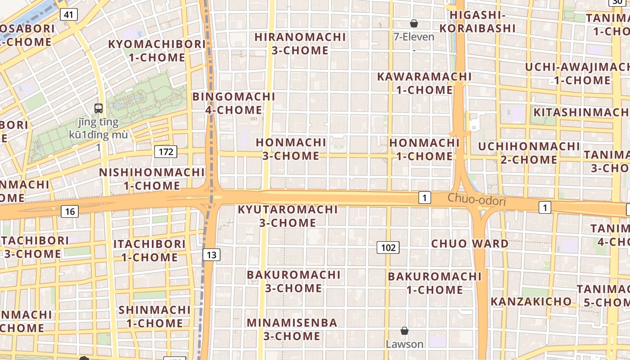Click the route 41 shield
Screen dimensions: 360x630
[68, 14]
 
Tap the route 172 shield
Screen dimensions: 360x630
[166, 152]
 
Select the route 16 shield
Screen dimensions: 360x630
[70, 211]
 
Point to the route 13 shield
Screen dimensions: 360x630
[211, 255]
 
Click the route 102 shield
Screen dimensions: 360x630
[388, 247]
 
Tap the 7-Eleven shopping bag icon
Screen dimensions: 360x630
[414, 23]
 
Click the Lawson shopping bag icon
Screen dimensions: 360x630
[405, 331]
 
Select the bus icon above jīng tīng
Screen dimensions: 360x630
[99, 108]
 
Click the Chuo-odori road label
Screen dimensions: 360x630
[477, 200]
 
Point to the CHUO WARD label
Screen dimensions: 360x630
[470, 243]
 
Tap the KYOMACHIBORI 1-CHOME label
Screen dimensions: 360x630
[157, 51]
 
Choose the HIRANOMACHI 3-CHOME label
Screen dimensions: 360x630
[300, 44]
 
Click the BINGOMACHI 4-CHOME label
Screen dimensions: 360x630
[234, 103]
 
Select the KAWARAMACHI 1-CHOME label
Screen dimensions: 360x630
[424, 83]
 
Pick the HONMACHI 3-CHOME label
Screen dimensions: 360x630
[291, 149]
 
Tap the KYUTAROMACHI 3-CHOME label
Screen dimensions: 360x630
[288, 216]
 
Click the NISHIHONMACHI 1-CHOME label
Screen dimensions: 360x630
[152, 179]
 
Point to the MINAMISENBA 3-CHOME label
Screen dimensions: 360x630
[292, 329]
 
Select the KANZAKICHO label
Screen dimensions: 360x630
[531, 301]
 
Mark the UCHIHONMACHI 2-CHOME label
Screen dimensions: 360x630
[529, 153]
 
